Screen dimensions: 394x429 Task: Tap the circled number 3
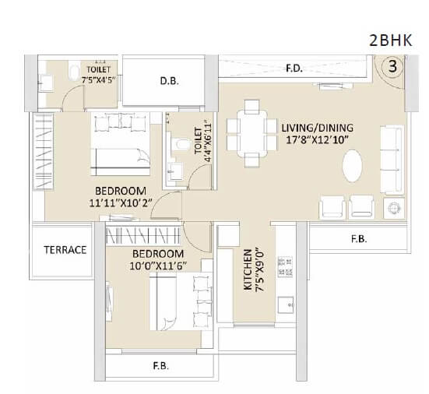[x=393, y=66]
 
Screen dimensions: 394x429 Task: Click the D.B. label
[x=170, y=80]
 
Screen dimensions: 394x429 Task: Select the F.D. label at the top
[x=294, y=69]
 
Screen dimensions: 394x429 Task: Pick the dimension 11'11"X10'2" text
[x=122, y=203]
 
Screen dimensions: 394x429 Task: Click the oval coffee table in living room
[x=355, y=165]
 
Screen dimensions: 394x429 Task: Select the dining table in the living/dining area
[x=251, y=133]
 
